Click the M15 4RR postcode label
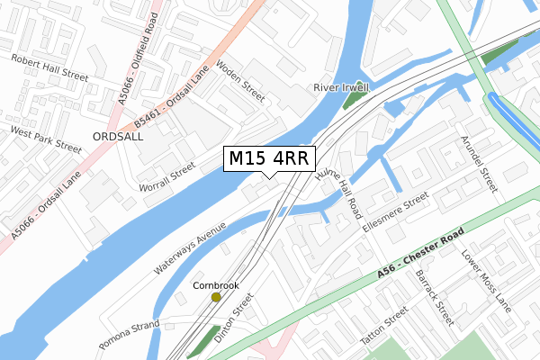click(x=269, y=158)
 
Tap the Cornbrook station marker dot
click(x=216, y=297)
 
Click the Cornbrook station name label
click(x=216, y=285)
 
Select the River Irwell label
click(x=343, y=87)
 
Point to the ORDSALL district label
click(x=118, y=136)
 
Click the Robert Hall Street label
click(x=49, y=67)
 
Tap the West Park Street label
click(x=46, y=136)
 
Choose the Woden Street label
click(x=240, y=81)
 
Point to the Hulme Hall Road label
click(x=337, y=190)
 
